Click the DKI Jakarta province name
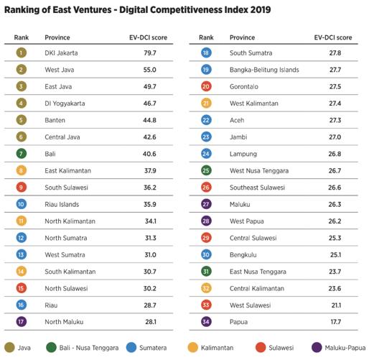pos(61,53)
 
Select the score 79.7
pos(150,53)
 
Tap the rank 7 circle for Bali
pos(22,154)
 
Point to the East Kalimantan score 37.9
pos(150,171)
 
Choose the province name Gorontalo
pos(244,87)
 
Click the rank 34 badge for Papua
pos(206,322)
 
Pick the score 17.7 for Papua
pos(335,322)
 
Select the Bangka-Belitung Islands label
pos(264,70)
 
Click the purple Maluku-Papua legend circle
pos(317,348)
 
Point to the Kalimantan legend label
pos(217,348)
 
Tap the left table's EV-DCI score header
pos(148,37)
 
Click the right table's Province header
pos(242,37)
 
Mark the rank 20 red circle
pos(206,86)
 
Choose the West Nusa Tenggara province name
pos(259,171)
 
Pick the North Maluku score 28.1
pos(151,322)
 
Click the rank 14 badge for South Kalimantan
pos(22,272)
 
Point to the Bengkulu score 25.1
pos(335,255)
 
